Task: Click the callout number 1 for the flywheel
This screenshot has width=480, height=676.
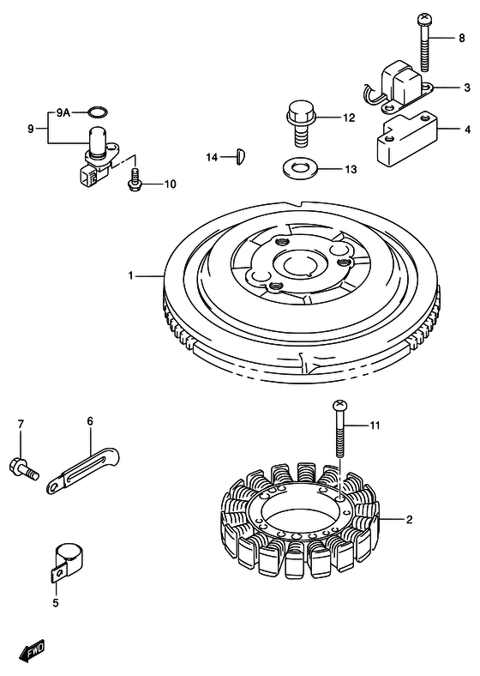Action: (x=131, y=275)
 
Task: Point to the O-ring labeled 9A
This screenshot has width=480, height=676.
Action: (x=99, y=112)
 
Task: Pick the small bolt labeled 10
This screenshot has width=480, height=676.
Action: (x=135, y=181)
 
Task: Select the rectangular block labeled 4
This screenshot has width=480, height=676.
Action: (x=405, y=140)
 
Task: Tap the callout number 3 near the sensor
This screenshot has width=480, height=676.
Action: (x=467, y=88)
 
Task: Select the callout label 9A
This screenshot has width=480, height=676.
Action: (x=64, y=112)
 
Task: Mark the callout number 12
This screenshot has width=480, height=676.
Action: (x=349, y=118)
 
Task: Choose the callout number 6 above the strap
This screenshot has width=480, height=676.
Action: (x=89, y=420)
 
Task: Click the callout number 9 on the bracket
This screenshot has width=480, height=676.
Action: (x=30, y=129)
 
